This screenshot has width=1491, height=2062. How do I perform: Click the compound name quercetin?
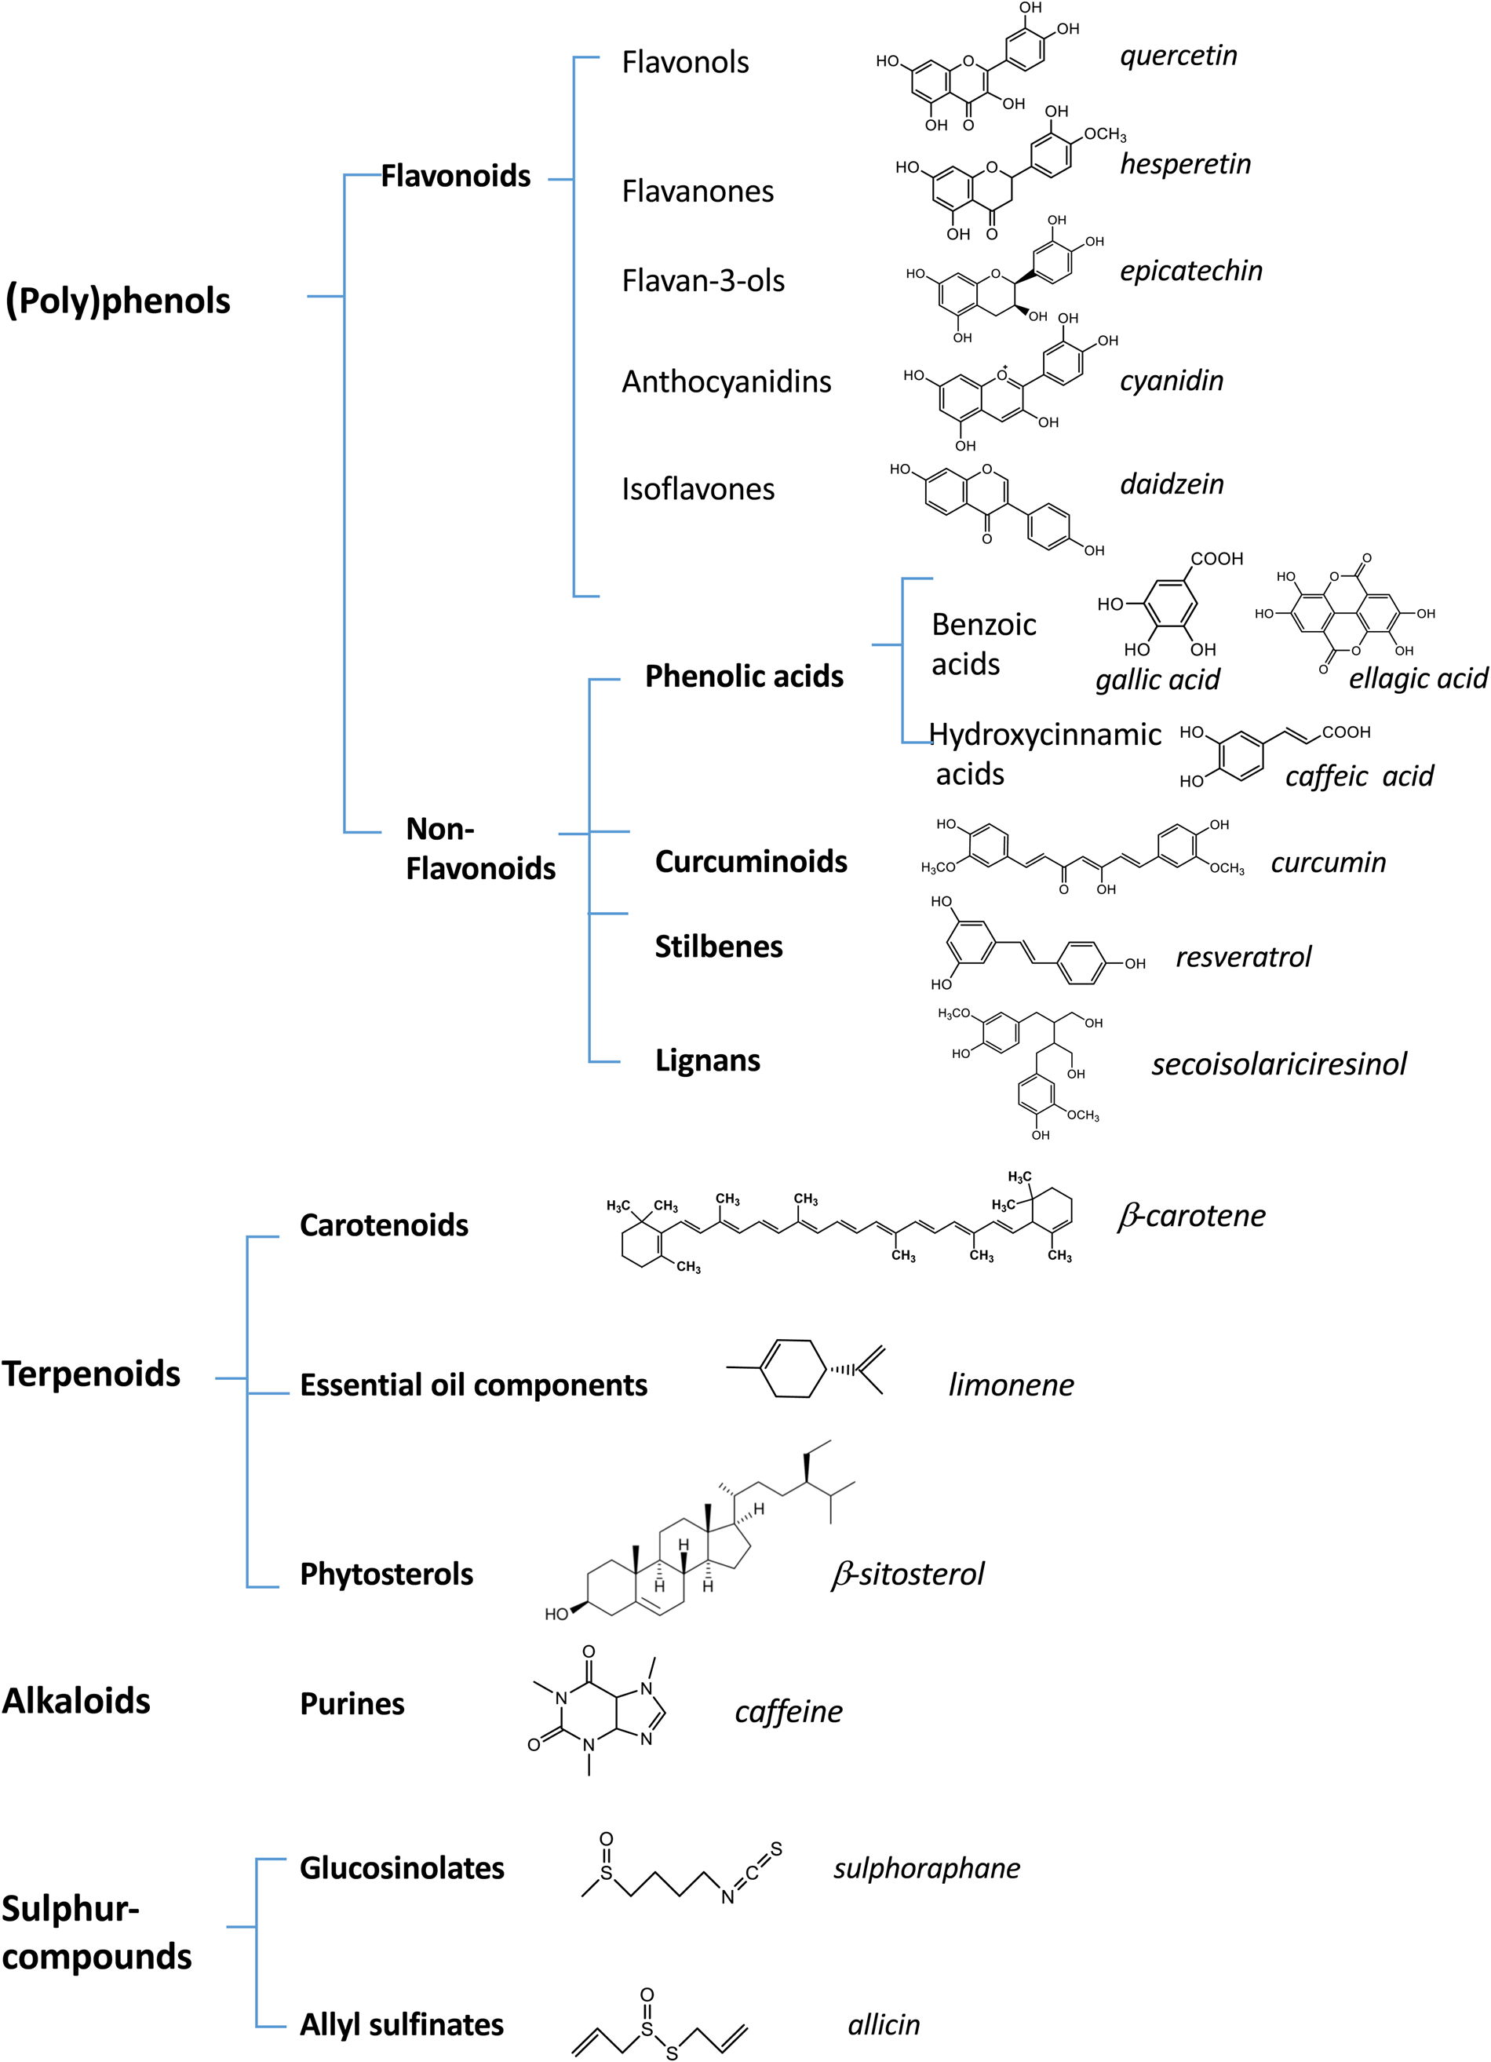click(x=1177, y=57)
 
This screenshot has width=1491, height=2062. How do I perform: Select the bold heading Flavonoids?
click(x=454, y=177)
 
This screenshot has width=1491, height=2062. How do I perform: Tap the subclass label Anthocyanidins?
click(x=726, y=381)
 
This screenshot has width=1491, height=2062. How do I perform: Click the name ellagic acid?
click(x=1417, y=678)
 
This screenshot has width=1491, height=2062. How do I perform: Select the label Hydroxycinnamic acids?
click(x=1044, y=754)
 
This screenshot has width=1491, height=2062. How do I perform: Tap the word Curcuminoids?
click(x=750, y=862)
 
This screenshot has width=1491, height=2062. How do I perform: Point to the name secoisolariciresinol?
click(x=1278, y=1064)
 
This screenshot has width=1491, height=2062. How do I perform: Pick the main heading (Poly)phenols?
click(x=118, y=301)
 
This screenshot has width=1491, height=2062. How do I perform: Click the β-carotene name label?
click(x=1191, y=1217)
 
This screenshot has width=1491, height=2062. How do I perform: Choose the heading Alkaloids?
click(x=76, y=1701)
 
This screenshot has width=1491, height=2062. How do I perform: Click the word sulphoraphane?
click(x=927, y=1868)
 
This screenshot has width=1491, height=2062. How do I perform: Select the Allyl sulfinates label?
click(x=401, y=2025)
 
